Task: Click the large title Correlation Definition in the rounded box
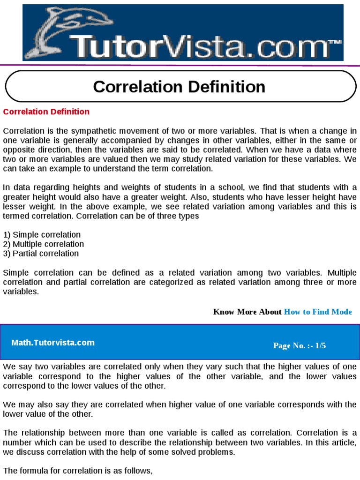click(179, 87)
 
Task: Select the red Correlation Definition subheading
click(46, 112)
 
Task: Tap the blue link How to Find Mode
click(318, 312)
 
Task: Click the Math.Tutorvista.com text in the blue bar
click(53, 343)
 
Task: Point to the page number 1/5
click(321, 346)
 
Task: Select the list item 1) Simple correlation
click(42, 235)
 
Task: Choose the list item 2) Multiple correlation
click(44, 244)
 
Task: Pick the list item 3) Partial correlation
click(41, 254)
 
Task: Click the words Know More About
click(247, 312)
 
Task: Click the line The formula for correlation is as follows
click(78, 471)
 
